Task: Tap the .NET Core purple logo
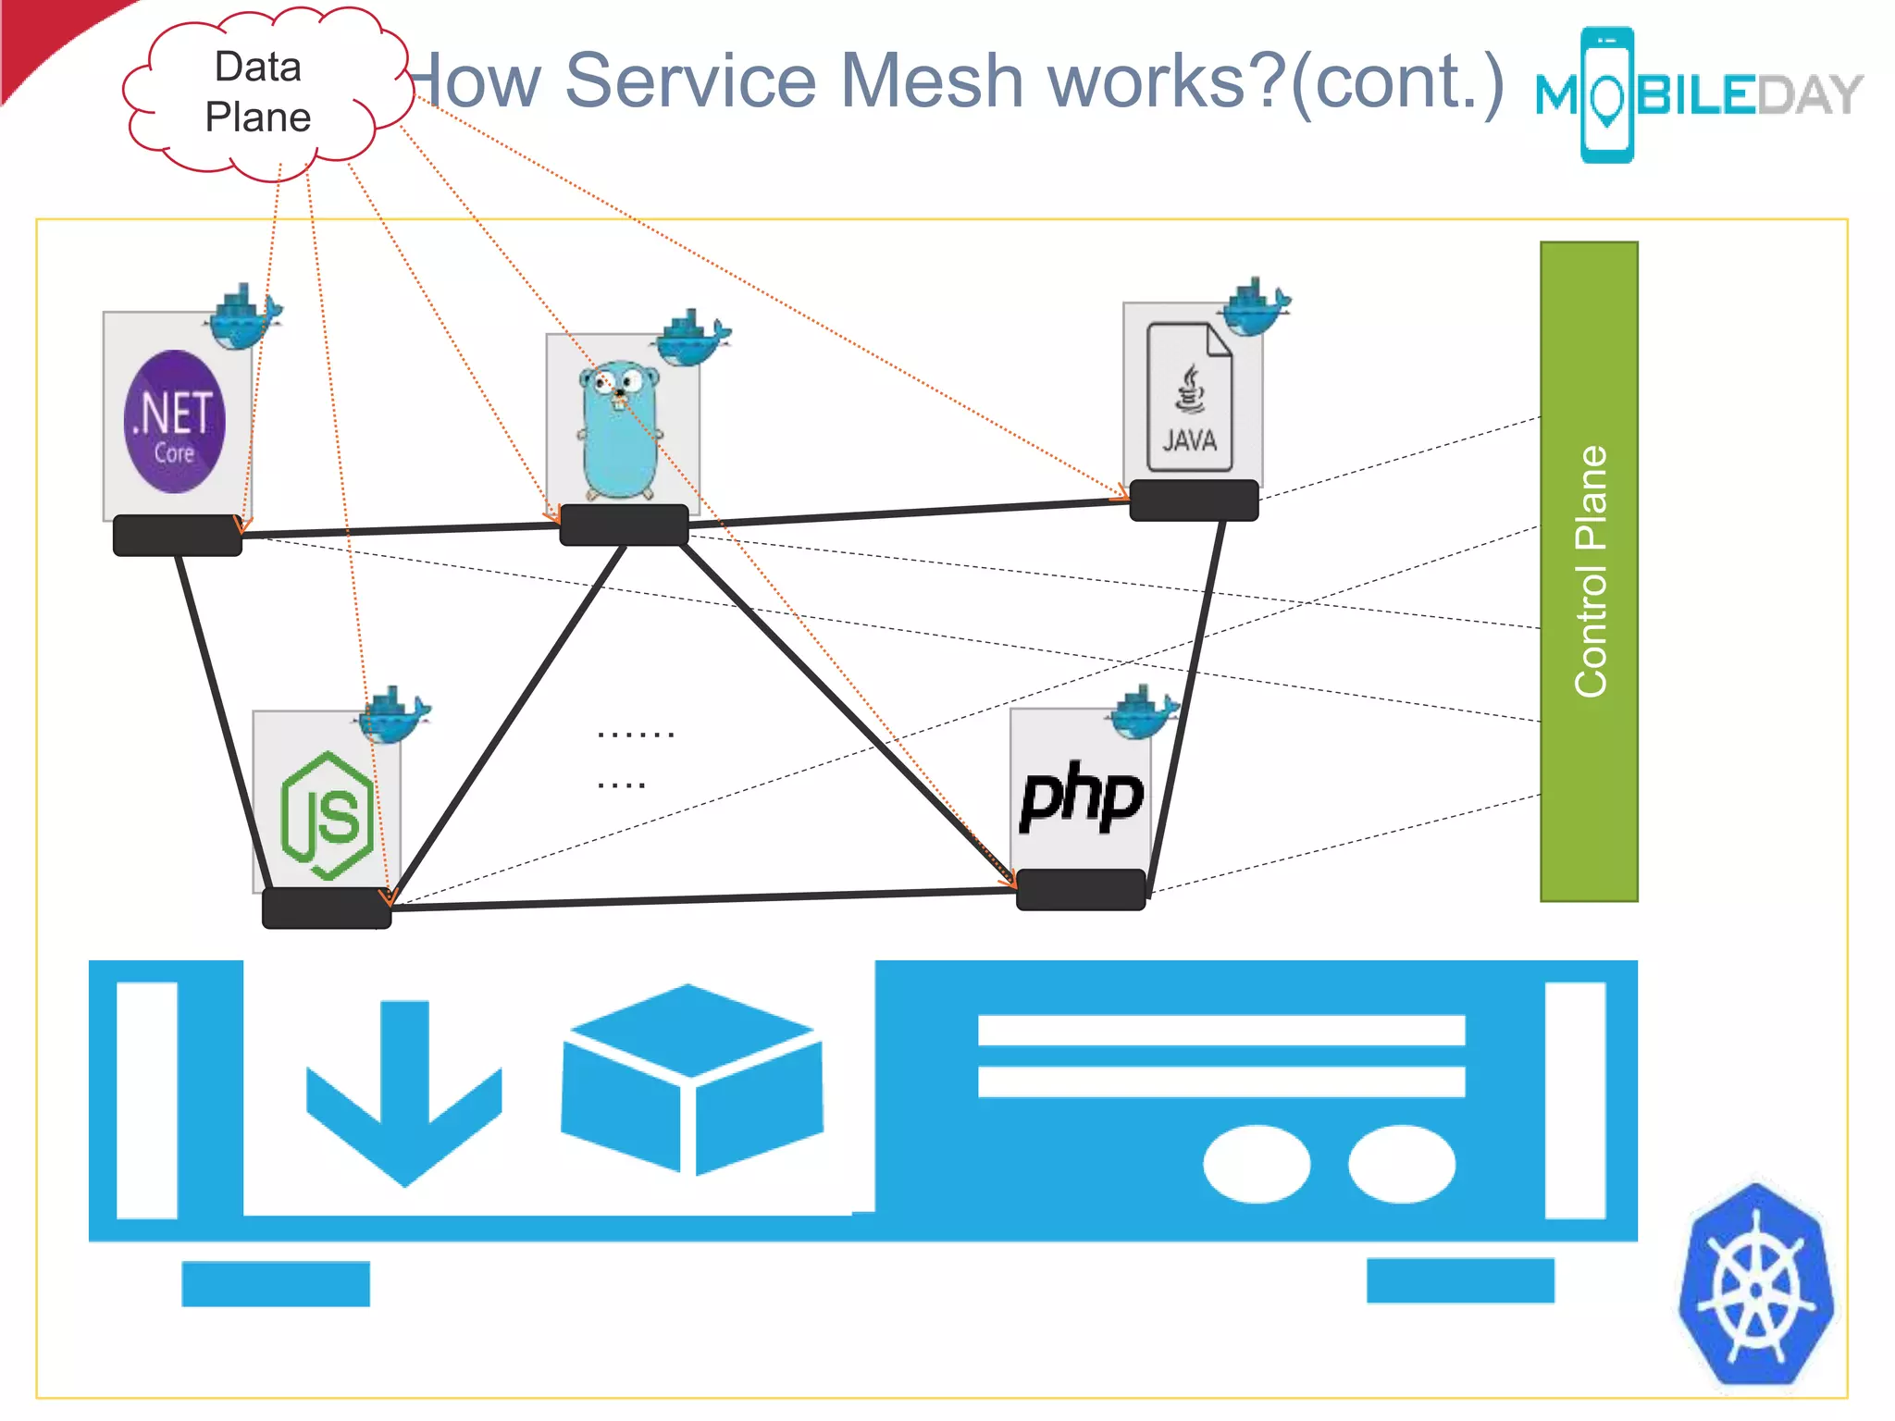tap(174, 422)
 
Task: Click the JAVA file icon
tap(1189, 398)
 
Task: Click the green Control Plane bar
tap(1588, 571)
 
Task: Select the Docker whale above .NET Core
tap(243, 317)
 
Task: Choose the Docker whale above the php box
tap(1144, 713)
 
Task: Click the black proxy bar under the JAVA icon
tap(1194, 500)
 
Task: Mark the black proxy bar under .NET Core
tap(177, 536)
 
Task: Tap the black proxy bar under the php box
tap(1081, 890)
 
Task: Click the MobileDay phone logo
tap(1606, 95)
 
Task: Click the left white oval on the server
tap(1256, 1164)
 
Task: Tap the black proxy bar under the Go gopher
tap(624, 525)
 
